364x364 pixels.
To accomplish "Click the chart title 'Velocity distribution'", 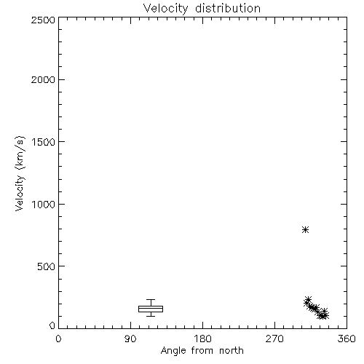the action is click(202, 8).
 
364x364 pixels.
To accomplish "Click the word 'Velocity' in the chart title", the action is click(165, 9).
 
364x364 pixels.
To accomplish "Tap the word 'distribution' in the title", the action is click(228, 8).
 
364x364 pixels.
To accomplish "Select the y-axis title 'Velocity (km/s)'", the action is click(20, 173).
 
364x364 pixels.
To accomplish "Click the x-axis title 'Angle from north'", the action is click(202, 351).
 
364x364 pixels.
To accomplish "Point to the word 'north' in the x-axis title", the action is click(232, 350).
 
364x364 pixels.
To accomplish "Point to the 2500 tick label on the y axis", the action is click(43, 20).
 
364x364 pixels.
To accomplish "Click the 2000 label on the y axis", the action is click(43, 79).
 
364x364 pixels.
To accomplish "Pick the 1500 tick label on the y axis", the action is click(44, 142).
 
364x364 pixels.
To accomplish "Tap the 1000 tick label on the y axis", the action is click(44, 204).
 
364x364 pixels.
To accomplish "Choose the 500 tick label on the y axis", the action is click(47, 266).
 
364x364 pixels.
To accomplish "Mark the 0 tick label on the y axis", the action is click(52, 325).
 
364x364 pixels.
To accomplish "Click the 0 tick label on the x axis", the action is click(58, 339).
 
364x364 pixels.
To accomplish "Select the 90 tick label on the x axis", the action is click(130, 339).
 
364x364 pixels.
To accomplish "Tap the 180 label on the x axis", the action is click(202, 339).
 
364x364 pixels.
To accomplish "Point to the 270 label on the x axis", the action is click(274, 339).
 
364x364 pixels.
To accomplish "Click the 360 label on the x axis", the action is click(347, 339).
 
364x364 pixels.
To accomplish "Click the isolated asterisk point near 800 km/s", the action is click(305, 229).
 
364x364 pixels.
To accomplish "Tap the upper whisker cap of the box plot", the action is click(151, 300).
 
